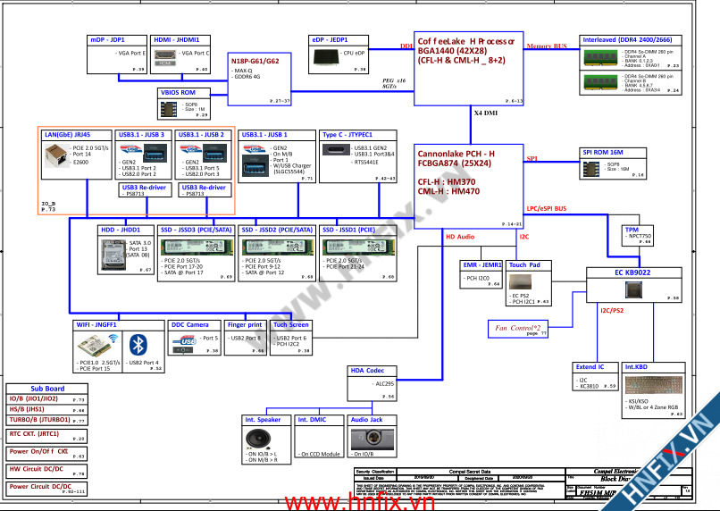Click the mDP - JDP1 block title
click(x=107, y=40)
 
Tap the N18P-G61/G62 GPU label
click(x=255, y=61)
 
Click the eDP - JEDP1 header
click(x=330, y=40)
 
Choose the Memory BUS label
click(x=547, y=46)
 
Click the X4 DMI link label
click(x=486, y=114)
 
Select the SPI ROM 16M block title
click(x=602, y=153)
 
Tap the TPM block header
click(x=632, y=229)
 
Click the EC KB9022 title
click(x=632, y=272)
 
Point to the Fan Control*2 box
click(x=518, y=328)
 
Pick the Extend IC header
click(x=590, y=367)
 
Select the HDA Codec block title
click(x=367, y=370)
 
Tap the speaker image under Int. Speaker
click(x=260, y=439)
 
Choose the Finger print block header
click(x=245, y=325)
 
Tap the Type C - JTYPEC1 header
click(x=347, y=135)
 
